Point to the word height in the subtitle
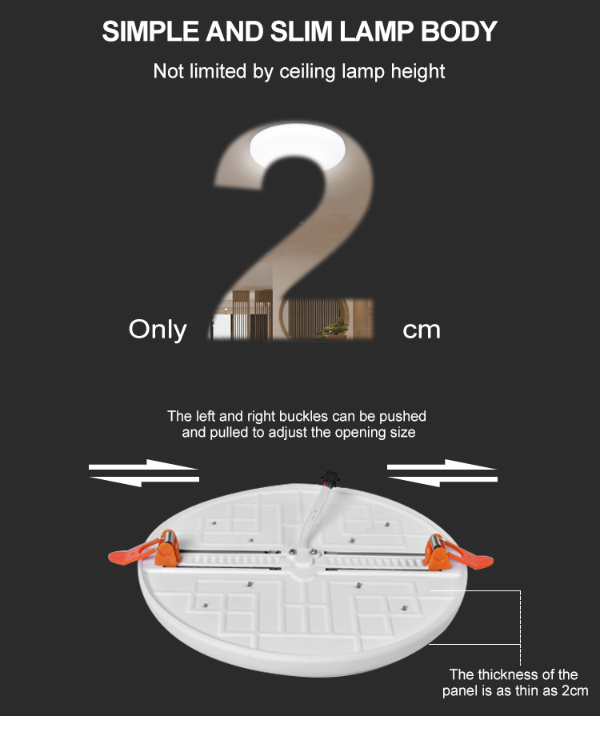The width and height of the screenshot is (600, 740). click(x=417, y=71)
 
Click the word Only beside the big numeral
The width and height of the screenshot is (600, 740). click(x=158, y=330)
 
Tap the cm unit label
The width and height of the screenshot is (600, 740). click(x=422, y=330)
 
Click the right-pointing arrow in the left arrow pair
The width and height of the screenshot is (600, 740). click(x=144, y=465)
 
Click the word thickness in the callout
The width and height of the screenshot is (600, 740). click(x=512, y=674)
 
